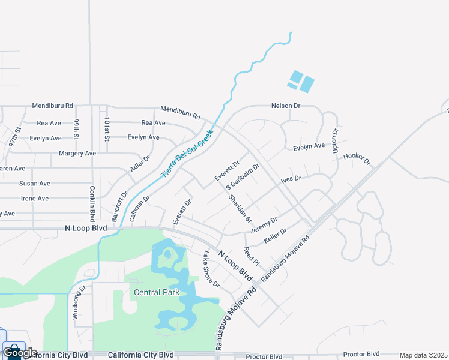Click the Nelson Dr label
285,106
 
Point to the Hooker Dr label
357,160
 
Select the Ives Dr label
291,179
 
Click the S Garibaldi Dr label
243,176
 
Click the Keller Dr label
275,235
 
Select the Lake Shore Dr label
211,269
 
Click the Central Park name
156,293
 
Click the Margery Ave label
77,154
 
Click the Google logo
20,353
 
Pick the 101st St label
107,130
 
